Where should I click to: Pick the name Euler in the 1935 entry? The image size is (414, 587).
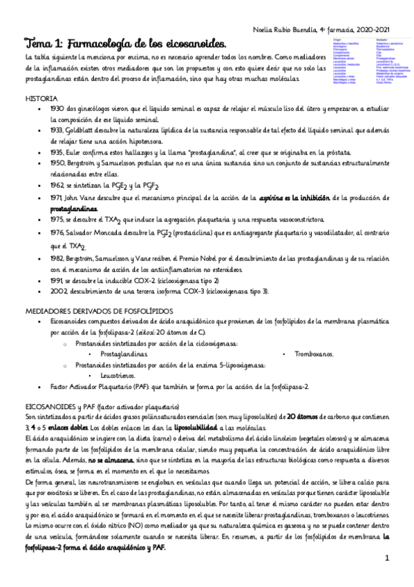pyautogui.click(x=94, y=150)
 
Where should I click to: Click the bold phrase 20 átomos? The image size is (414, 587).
pyautogui.click(x=305, y=416)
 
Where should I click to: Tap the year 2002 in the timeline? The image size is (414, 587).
pyautogui.click(x=59, y=291)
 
